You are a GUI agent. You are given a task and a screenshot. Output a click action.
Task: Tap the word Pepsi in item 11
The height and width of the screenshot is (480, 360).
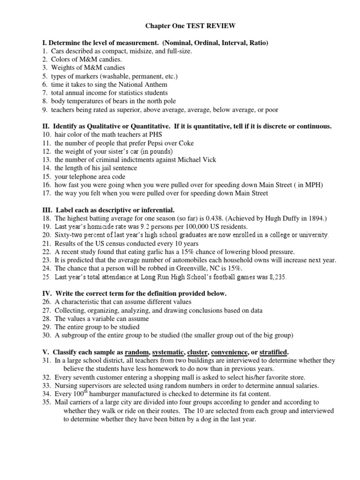click(154, 143)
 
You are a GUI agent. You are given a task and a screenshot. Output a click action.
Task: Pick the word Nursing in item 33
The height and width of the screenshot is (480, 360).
click(66, 386)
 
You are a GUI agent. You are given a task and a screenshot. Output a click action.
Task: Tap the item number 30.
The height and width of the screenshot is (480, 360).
click(46, 335)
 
